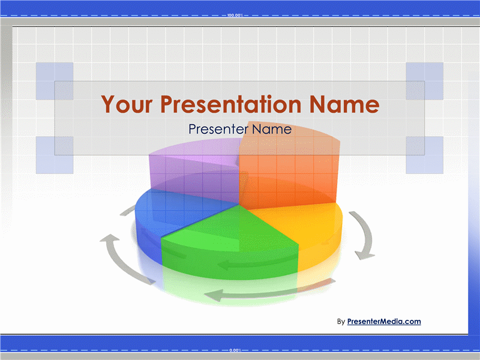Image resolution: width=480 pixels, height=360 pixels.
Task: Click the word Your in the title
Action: (127, 104)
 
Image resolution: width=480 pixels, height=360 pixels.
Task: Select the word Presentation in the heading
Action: (231, 104)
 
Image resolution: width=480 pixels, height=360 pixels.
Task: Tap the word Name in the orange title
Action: (344, 104)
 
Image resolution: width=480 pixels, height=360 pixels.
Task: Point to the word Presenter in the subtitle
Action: (218, 129)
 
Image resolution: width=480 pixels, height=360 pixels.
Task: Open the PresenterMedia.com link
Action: (384, 322)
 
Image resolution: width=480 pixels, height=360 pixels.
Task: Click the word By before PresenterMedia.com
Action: (341, 322)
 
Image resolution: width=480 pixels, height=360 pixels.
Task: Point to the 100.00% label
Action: (235, 16)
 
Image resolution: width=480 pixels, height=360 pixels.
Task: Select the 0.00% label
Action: (235, 350)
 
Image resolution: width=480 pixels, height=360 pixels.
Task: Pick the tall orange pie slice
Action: (289, 172)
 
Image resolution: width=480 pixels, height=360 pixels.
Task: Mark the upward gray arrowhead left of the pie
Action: (109, 239)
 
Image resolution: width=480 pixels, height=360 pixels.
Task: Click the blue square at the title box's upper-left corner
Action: (55, 81)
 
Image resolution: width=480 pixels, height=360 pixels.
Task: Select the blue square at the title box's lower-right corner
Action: (425, 155)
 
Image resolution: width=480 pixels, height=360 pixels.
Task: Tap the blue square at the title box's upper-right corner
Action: (425, 81)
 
